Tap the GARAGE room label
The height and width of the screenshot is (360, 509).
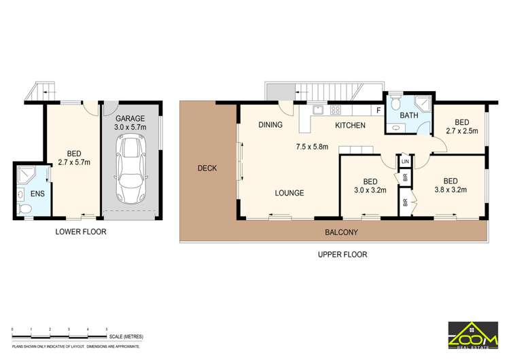130,118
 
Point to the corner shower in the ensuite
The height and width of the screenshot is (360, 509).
25,174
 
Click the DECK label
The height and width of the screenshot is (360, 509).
207,168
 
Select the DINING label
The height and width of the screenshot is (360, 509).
270,125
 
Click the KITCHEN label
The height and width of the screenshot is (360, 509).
350,126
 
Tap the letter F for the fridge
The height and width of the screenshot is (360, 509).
378,110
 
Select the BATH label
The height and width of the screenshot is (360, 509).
408,115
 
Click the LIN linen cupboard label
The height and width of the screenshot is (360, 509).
405,162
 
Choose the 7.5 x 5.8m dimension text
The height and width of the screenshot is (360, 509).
312,146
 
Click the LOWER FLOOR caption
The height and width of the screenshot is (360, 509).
81,232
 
